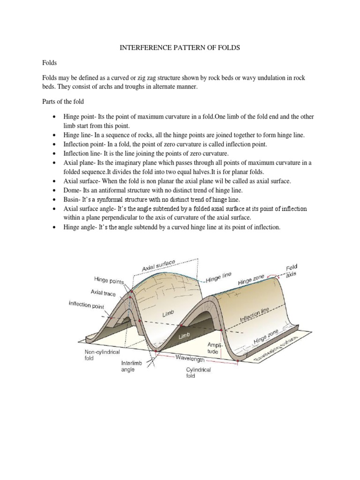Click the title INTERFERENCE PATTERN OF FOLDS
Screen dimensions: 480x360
click(180, 49)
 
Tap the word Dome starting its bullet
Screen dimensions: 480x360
click(72, 190)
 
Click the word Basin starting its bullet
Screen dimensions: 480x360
click(72, 199)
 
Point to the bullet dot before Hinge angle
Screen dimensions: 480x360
click(55, 227)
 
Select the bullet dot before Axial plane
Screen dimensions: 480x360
click(55, 162)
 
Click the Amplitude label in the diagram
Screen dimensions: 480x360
click(213, 347)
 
